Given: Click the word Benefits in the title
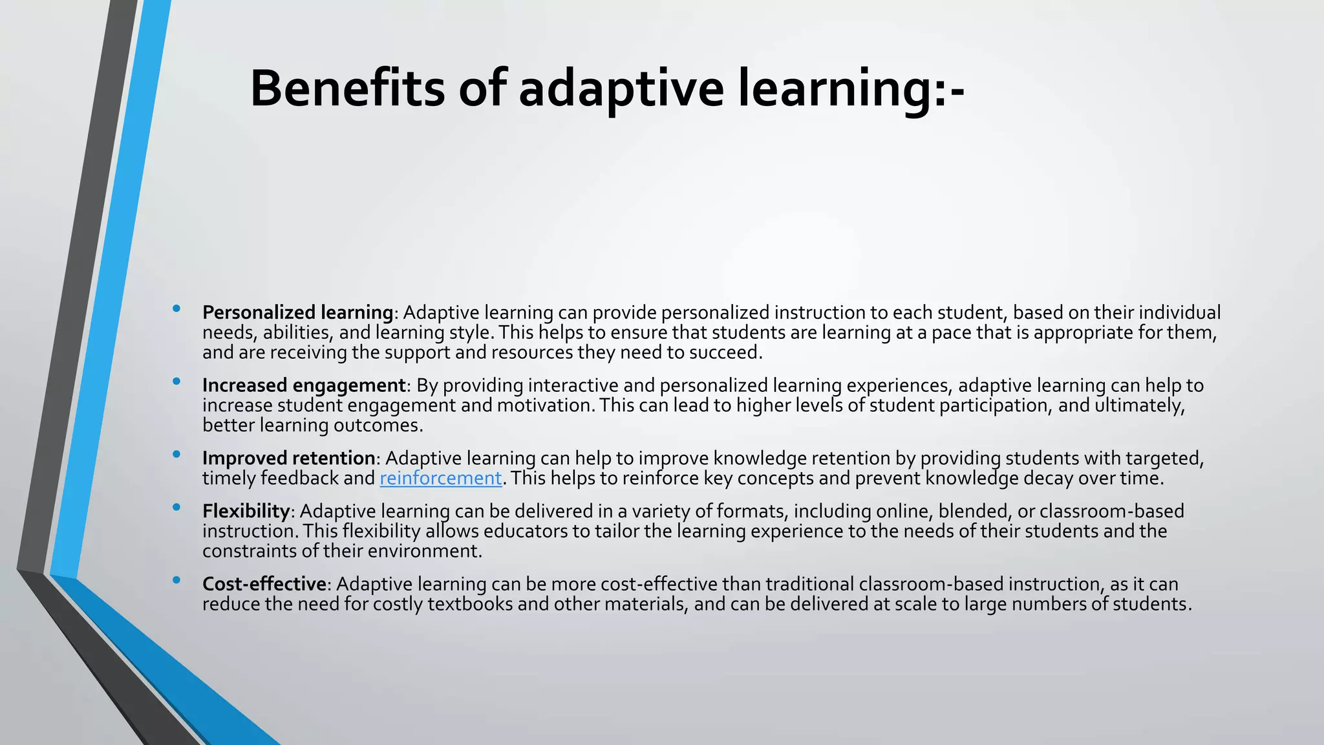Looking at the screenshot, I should click(347, 89).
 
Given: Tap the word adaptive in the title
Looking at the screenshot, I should click(621, 89).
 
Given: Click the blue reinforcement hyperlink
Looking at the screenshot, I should click(440, 478).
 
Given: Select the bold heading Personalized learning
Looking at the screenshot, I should click(297, 312).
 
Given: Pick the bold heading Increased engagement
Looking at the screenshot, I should click(304, 385).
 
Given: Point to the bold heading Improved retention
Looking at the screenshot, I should click(288, 458).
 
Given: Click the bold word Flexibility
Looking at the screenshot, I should click(246, 511).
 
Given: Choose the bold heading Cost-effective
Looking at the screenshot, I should click(264, 584).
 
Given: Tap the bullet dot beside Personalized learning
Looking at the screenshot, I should click(176, 309).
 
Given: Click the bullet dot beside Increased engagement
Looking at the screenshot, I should click(176, 382).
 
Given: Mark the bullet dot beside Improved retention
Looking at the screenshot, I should click(176, 455).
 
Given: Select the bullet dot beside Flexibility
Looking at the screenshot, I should click(176, 508).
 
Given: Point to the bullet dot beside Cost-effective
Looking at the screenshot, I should click(176, 581).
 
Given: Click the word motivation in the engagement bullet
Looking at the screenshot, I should click(546, 405).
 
